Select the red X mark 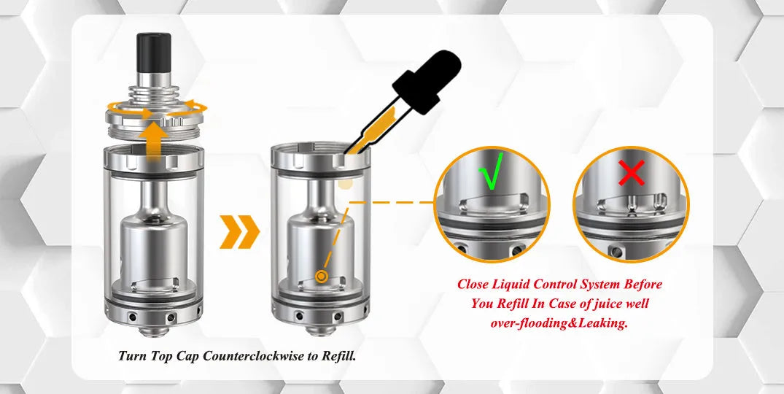pyautogui.click(x=632, y=173)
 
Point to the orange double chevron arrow pyautogui.click(x=239, y=231)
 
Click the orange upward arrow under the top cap pyautogui.click(x=154, y=141)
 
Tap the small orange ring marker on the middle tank pyautogui.click(x=322, y=276)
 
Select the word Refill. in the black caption pyautogui.click(x=338, y=356)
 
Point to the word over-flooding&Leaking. pyautogui.click(x=559, y=323)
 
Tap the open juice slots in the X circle pyautogui.click(x=632, y=201)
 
